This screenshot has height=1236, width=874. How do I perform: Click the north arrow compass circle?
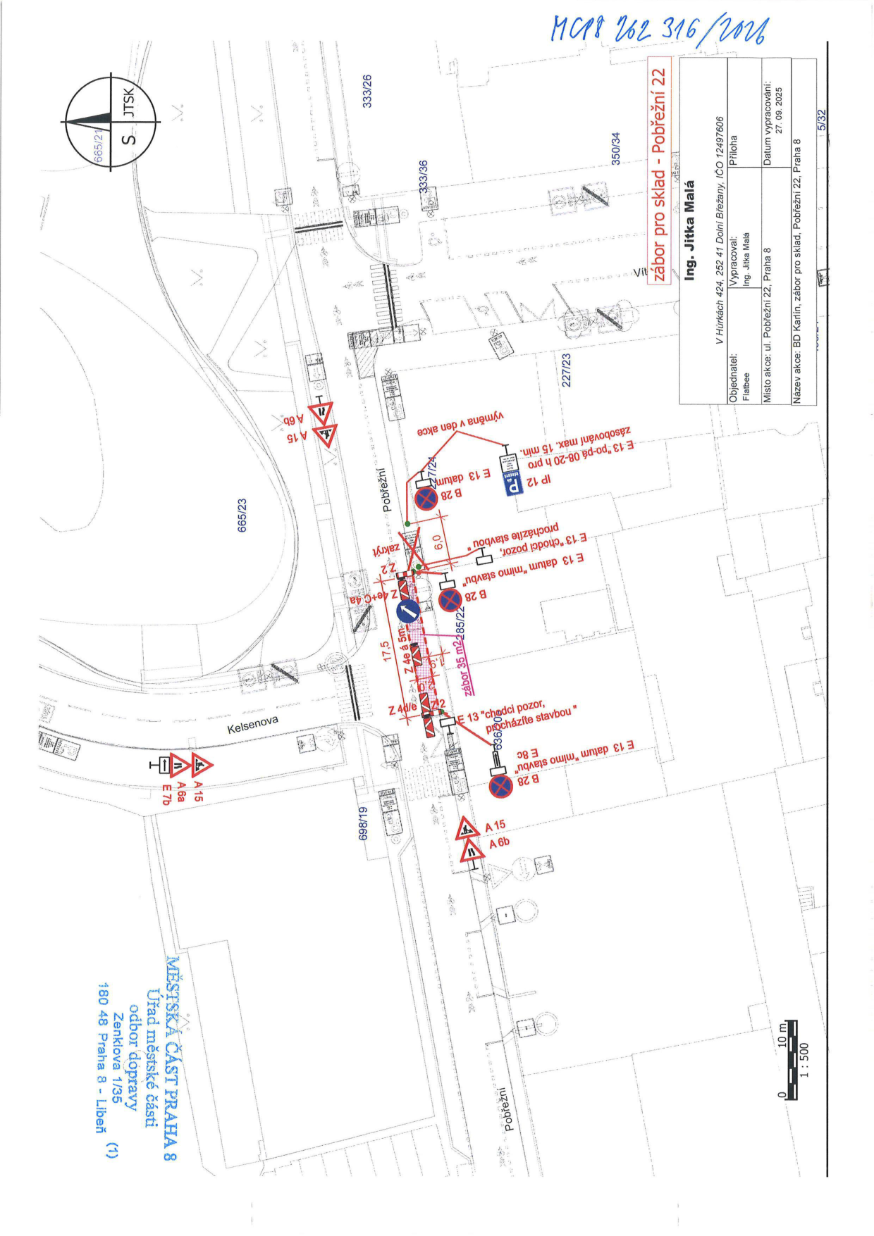pos(110,123)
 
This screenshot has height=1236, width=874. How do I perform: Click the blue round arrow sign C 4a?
pos(407,612)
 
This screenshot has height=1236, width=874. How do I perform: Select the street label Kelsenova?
pos(252,724)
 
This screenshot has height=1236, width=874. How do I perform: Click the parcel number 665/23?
pos(242,515)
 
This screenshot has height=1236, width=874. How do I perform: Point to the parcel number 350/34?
pos(616,149)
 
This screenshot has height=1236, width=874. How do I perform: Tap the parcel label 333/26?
pos(367,91)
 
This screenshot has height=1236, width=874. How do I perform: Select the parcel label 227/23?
pos(567,369)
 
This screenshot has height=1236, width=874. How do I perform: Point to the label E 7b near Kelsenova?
pos(166,794)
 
